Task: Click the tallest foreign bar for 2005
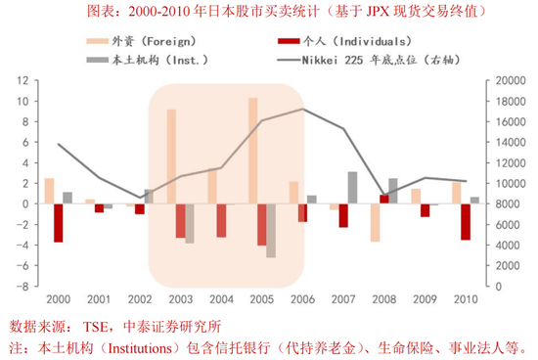(252, 151)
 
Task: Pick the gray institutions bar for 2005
(271, 230)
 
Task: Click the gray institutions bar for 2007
(352, 187)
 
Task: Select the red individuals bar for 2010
(466, 221)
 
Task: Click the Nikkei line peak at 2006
(303, 110)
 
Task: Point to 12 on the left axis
(21, 80)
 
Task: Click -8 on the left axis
(21, 287)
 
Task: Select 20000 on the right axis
(512, 80)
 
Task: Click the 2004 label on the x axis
(221, 298)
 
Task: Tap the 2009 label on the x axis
(425, 298)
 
